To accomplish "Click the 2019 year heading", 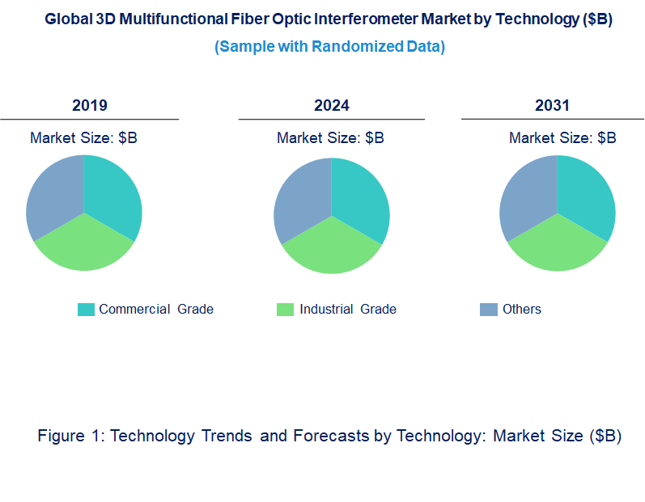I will pyautogui.click(x=89, y=105).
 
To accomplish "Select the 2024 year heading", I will pyautogui.click(x=332, y=105).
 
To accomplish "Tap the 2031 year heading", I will pyautogui.click(x=552, y=105).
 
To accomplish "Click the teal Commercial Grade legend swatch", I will pyautogui.click(x=86, y=310).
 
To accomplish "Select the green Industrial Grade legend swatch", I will pyautogui.click(x=285, y=310).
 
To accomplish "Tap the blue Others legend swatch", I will pyautogui.click(x=489, y=310).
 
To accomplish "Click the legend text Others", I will pyautogui.click(x=522, y=310).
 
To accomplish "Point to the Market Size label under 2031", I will pyautogui.click(x=562, y=138).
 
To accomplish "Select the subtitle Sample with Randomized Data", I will pyautogui.click(x=329, y=47).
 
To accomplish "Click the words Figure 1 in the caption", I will pyautogui.click(x=70, y=437).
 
